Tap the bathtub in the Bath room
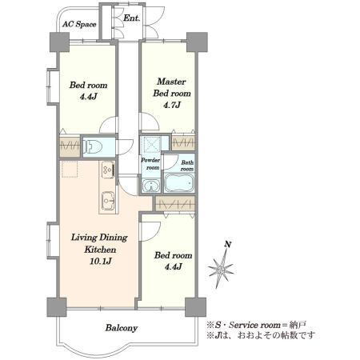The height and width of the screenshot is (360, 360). pyautogui.click(x=178, y=182)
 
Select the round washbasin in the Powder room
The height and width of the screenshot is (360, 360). pyautogui.click(x=151, y=186)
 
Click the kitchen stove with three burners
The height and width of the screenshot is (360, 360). pyautogui.click(x=108, y=170)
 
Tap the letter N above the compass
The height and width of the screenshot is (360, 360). pyautogui.click(x=227, y=244)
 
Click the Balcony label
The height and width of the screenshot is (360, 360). pyautogui.click(x=122, y=328)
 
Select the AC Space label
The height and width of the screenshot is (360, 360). pyautogui.click(x=79, y=24)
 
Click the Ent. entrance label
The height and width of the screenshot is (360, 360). pyautogui.click(x=132, y=18)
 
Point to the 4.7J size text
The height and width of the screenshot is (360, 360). pyautogui.click(x=172, y=105)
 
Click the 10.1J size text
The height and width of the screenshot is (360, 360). pyautogui.click(x=101, y=261)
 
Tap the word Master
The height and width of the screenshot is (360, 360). pyautogui.click(x=171, y=82)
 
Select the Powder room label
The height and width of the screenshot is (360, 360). pyautogui.click(x=150, y=164)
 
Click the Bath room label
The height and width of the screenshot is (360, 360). pyautogui.click(x=187, y=166)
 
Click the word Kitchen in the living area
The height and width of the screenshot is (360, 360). pyautogui.click(x=100, y=250)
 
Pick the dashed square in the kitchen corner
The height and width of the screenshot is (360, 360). pyautogui.click(x=70, y=169)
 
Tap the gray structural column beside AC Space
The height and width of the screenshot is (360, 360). pyautogui.click(x=59, y=42)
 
